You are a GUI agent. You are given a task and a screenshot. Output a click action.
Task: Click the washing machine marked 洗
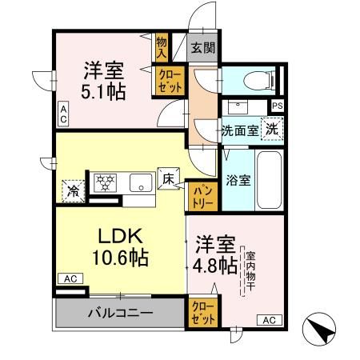(272, 130)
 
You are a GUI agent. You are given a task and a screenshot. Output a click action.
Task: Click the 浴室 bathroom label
(238, 181)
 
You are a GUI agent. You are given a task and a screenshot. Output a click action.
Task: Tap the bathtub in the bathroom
(269, 181)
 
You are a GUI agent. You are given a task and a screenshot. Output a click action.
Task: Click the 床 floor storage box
(170, 178)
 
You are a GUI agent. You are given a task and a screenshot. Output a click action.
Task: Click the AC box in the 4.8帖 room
(269, 320)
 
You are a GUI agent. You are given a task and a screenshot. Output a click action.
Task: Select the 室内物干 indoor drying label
(250, 272)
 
